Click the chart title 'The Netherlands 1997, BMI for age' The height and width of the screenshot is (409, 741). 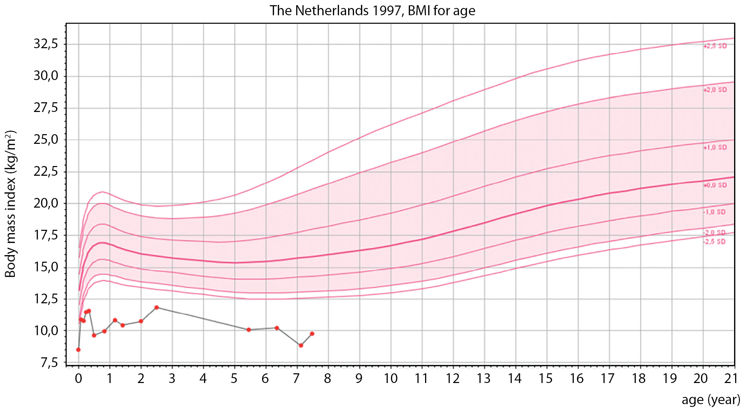click(372, 11)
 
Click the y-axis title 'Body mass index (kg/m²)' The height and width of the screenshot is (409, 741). click(10, 204)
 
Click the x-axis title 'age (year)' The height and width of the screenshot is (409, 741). click(711, 400)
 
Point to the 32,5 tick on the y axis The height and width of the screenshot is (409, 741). click(46, 44)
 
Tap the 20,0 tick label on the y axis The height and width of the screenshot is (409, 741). click(46, 203)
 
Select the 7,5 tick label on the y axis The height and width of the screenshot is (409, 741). click(49, 363)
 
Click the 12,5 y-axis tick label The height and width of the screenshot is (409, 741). click(46, 299)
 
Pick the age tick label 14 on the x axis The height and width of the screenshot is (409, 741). click(515, 378)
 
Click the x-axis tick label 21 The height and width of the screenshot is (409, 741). click(731, 378)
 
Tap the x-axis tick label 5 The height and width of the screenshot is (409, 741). click(234, 378)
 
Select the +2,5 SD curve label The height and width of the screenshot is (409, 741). click(715, 46)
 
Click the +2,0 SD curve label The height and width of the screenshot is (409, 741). click(715, 90)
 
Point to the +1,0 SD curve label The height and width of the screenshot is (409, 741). click(715, 147)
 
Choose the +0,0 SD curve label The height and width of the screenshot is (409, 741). click(715, 185)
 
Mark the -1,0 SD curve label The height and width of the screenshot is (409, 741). click(714, 212)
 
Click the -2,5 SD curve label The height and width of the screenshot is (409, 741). click(714, 242)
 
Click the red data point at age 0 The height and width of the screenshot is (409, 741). click(78, 350)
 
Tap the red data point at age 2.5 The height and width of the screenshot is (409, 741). click(157, 307)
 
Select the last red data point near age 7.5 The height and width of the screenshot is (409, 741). click(312, 334)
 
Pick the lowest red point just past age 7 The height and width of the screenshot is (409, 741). click(301, 345)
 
